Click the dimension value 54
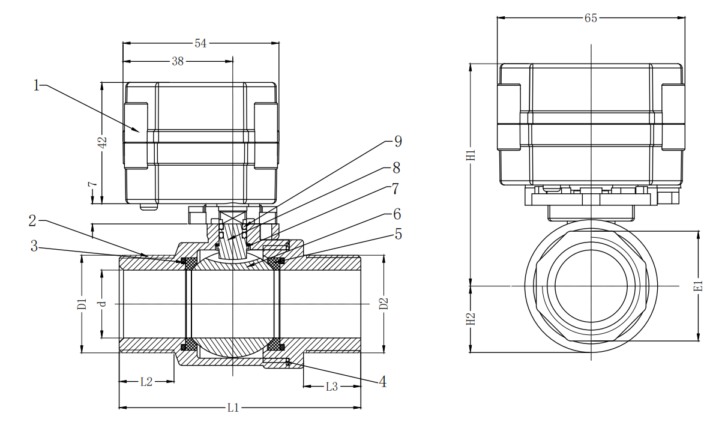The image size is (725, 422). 200,43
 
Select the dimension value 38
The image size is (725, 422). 178,61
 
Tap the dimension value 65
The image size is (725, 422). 591,18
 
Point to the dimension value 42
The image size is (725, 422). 102,143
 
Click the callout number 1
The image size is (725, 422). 37,85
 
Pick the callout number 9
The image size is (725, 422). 398,142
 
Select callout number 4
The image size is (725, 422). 382,382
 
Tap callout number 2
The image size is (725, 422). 32,221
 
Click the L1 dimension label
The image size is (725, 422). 233,408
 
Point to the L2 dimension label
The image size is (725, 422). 146,382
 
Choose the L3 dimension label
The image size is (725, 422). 332,387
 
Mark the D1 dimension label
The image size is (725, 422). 82,304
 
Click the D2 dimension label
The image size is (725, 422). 384,304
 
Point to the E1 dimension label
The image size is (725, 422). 699,286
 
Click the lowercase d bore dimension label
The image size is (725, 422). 102,304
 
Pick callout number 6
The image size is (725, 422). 397,214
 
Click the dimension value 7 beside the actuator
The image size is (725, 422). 92,184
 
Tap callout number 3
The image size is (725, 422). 34,246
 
